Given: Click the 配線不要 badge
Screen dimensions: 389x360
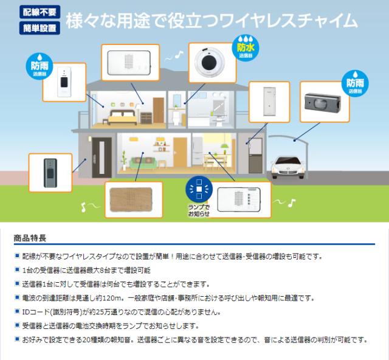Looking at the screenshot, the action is [40, 12].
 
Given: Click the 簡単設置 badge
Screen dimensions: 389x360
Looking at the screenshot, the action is [40, 28].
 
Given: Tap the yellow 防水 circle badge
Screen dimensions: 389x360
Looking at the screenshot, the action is [246, 47].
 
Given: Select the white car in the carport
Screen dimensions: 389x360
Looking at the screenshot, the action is [287, 167].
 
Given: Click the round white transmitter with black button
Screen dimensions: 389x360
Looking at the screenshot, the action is [210, 62].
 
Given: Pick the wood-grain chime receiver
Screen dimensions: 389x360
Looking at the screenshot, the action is [131, 199].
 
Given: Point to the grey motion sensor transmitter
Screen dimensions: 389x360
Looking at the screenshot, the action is [323, 102].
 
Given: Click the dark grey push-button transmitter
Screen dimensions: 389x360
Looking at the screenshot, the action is [50, 173].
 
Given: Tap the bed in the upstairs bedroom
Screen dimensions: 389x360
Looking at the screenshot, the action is [123, 116].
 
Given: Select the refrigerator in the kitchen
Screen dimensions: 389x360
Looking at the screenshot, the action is [198, 151].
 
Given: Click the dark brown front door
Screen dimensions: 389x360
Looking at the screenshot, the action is [102, 157].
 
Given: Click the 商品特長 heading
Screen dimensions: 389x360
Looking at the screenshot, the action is [30, 238].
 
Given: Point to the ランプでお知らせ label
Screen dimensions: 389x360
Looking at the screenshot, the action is [199, 210].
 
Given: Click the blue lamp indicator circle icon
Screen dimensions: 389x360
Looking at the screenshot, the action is [199, 189].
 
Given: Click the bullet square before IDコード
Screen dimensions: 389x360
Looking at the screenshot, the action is [17, 311].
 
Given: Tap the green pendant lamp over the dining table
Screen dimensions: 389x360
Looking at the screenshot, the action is [225, 145].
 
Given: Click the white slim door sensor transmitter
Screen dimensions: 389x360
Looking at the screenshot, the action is [269, 102].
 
